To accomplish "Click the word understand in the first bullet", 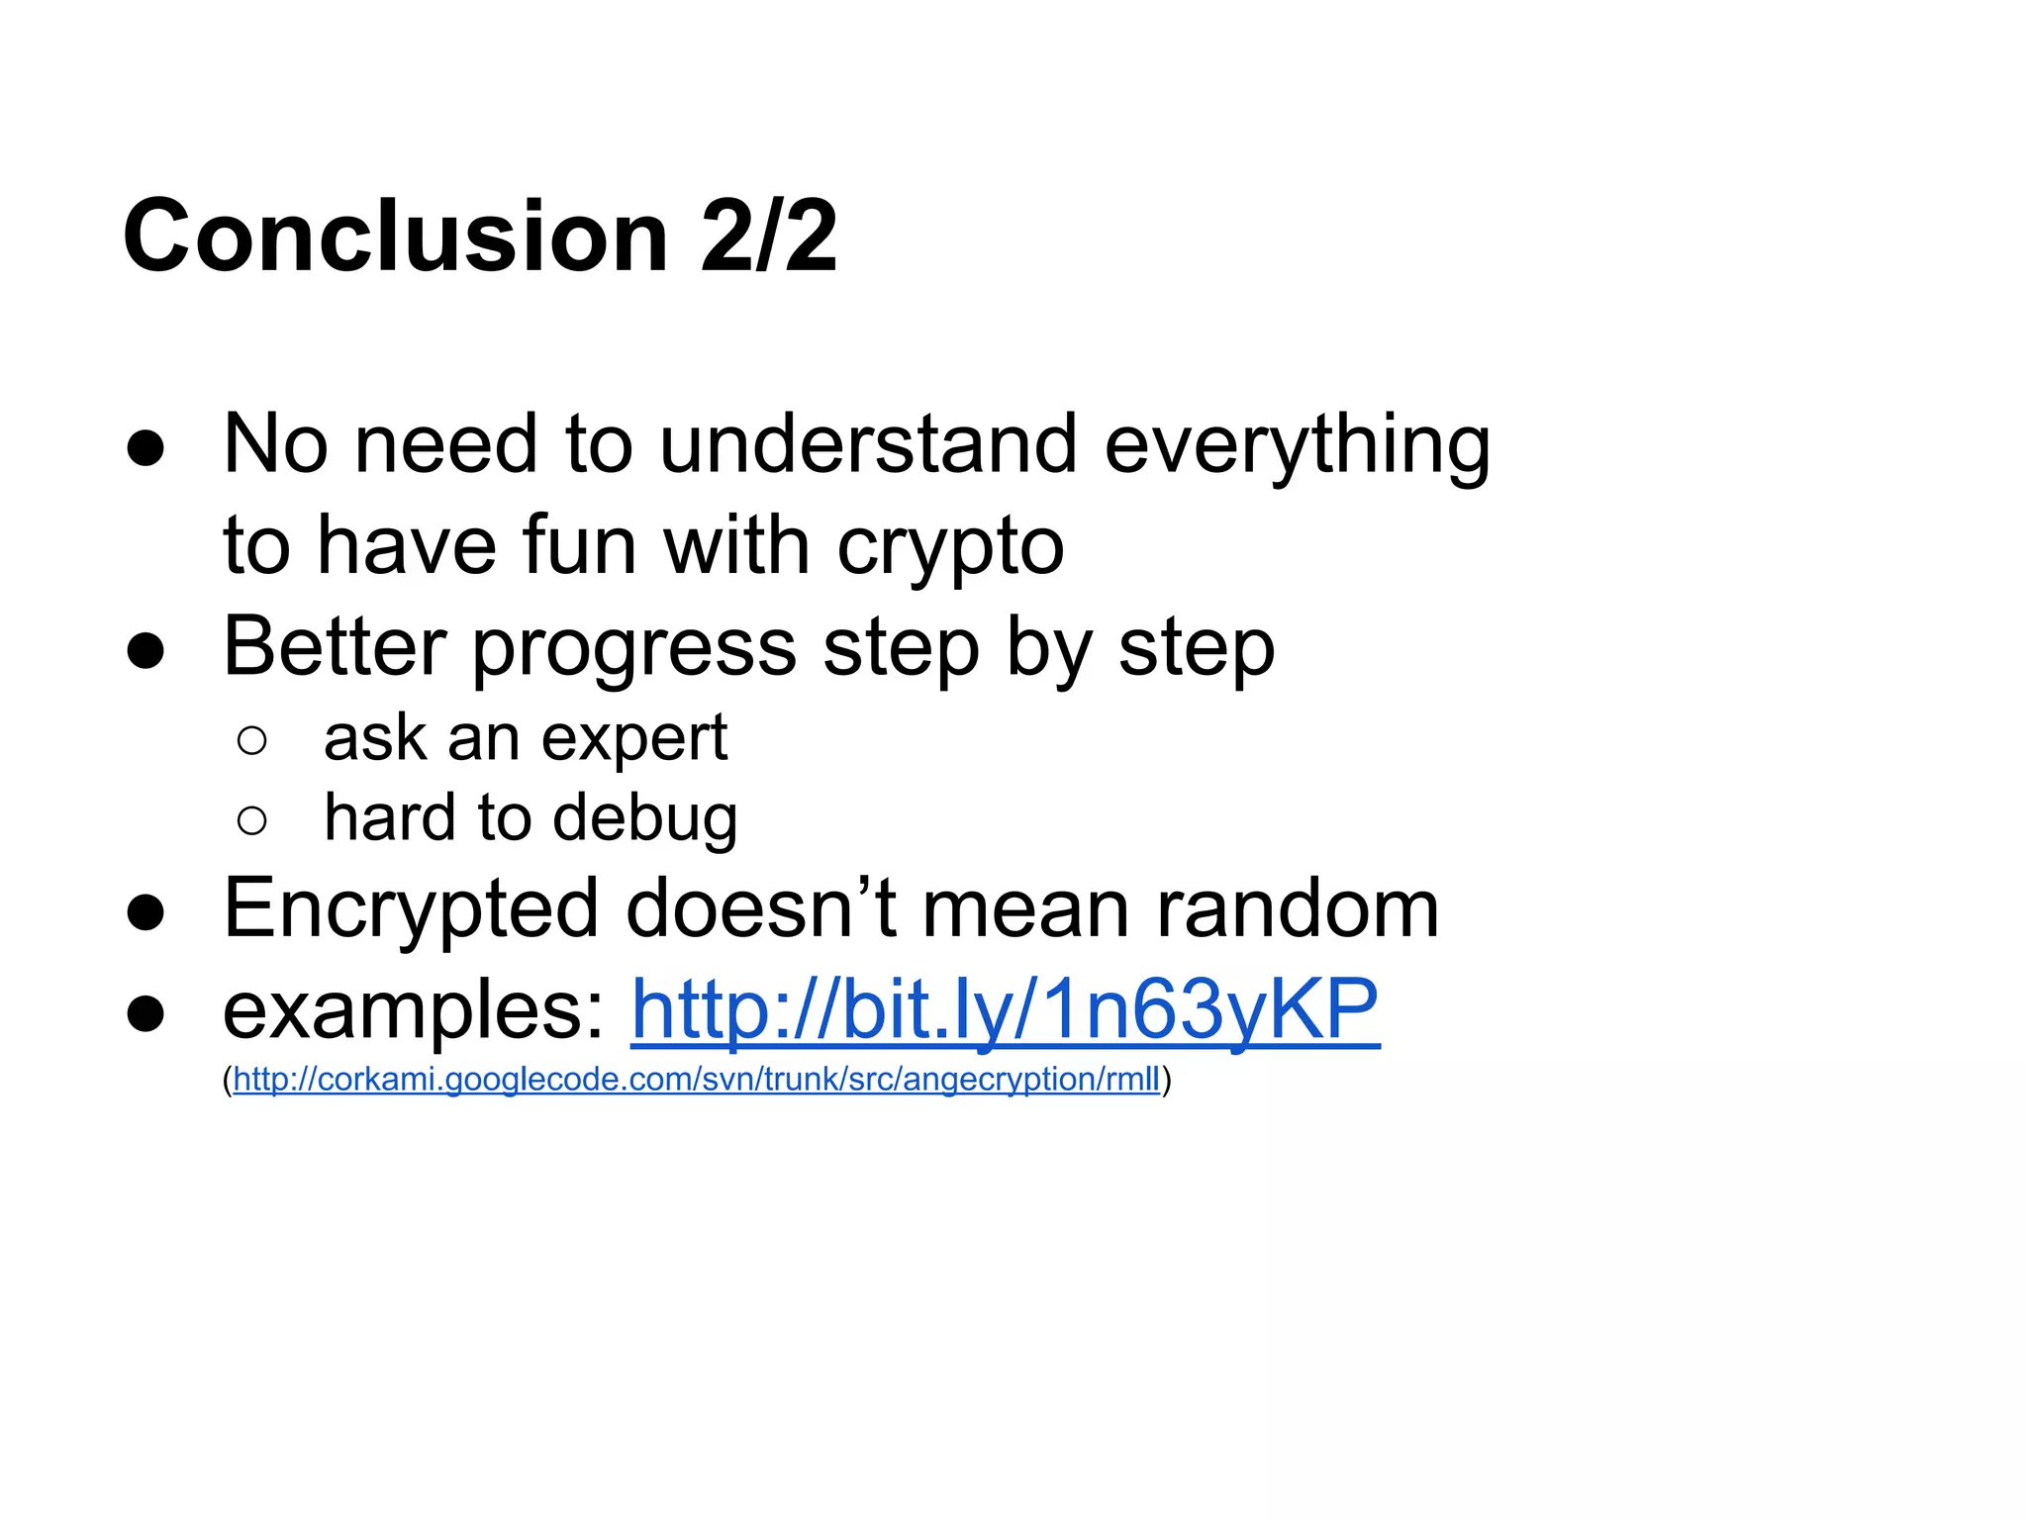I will [868, 444].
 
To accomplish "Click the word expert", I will [633, 740].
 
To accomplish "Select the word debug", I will [644, 820].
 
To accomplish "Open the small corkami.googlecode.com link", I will [696, 1079].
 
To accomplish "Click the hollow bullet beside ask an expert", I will [252, 740].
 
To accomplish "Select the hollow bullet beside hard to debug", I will [252, 819].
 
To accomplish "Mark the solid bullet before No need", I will [145, 448].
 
